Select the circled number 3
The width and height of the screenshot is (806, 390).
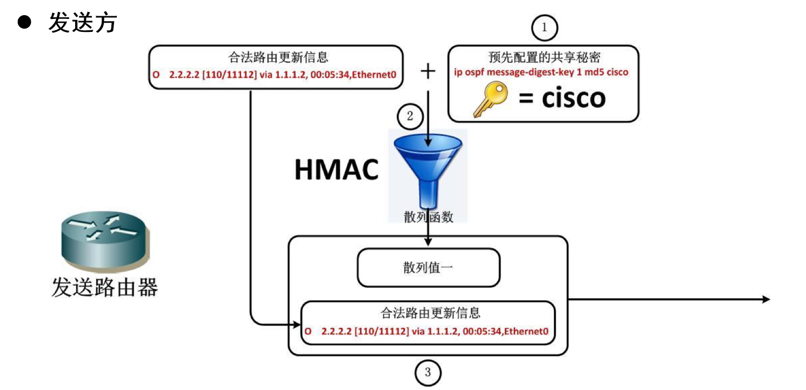(428, 372)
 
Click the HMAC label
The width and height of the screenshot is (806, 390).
(336, 169)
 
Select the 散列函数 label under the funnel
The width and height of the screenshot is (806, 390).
(428, 217)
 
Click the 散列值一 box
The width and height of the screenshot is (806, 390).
(428, 267)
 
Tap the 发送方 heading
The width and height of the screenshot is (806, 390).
(83, 23)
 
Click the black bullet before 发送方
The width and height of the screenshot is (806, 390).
(25, 23)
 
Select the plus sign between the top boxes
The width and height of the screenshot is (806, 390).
(428, 71)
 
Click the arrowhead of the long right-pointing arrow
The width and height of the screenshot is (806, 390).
(765, 299)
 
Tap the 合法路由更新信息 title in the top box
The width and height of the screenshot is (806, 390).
(276, 58)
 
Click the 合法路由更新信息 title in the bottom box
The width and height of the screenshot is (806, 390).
(428, 313)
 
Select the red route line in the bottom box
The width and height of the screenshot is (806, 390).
(428, 330)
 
